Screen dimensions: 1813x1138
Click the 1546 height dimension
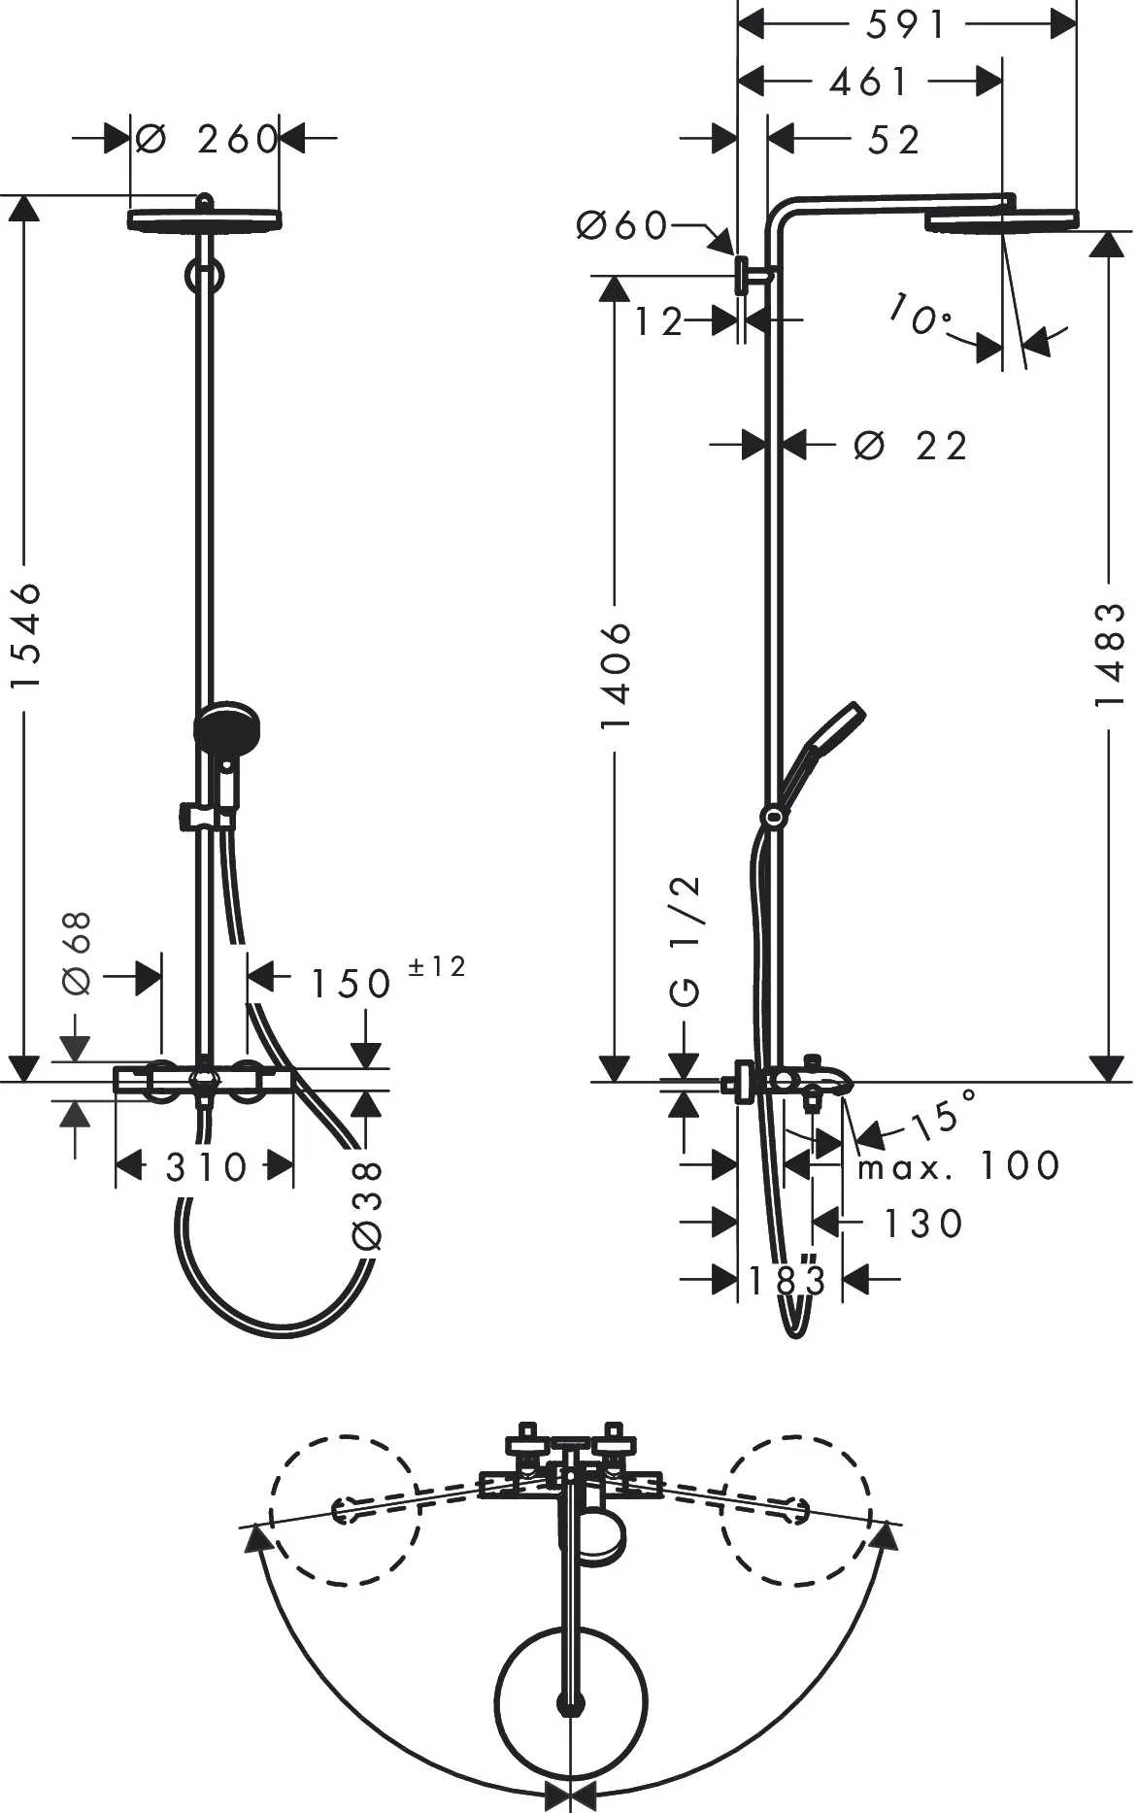coord(25,636)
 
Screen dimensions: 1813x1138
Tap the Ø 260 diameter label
coord(206,139)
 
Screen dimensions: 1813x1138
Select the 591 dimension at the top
coord(905,25)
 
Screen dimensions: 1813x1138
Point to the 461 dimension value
coord(869,83)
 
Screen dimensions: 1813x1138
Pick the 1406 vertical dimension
coord(616,675)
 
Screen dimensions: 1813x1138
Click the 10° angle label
coord(919,315)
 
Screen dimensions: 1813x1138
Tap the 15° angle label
coord(944,1115)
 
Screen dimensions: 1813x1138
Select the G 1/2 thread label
coord(686,940)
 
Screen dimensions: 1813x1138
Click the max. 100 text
coord(957,1165)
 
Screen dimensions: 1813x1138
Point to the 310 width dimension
coord(206,1167)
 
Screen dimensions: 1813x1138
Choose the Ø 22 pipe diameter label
coord(911,447)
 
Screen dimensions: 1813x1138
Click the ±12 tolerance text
coord(436,966)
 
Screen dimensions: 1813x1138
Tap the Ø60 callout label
coord(621,226)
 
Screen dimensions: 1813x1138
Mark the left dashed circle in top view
coord(346,1511)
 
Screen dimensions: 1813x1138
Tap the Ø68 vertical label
coord(78,953)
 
